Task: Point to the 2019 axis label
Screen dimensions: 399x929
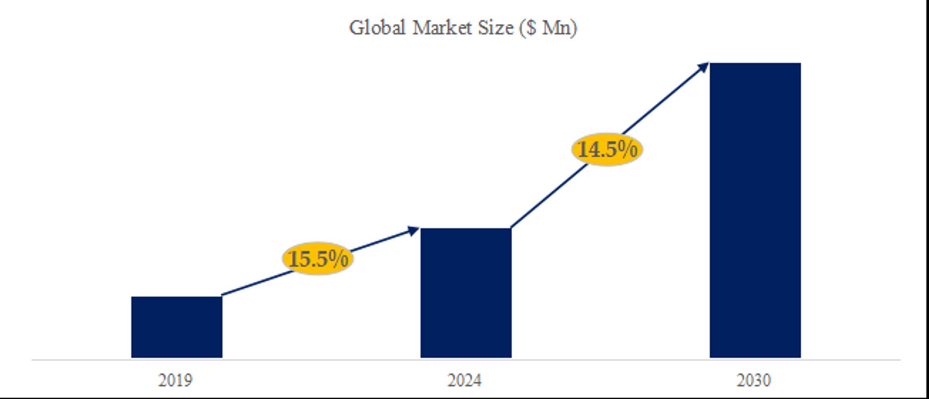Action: pyautogui.click(x=175, y=380)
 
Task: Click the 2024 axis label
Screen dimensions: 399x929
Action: pyautogui.click(x=464, y=380)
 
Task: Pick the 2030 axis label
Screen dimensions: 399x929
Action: pyautogui.click(x=754, y=380)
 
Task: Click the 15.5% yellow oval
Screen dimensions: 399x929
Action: pyautogui.click(x=318, y=259)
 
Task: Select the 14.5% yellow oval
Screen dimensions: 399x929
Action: pyautogui.click(x=607, y=149)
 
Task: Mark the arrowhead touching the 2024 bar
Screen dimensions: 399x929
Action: pyautogui.click(x=414, y=231)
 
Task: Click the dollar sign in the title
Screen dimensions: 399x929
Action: pyautogui.click(x=531, y=28)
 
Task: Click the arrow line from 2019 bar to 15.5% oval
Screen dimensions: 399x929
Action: pyautogui.click(x=255, y=284)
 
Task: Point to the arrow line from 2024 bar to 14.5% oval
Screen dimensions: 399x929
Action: pyautogui.click(x=549, y=196)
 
